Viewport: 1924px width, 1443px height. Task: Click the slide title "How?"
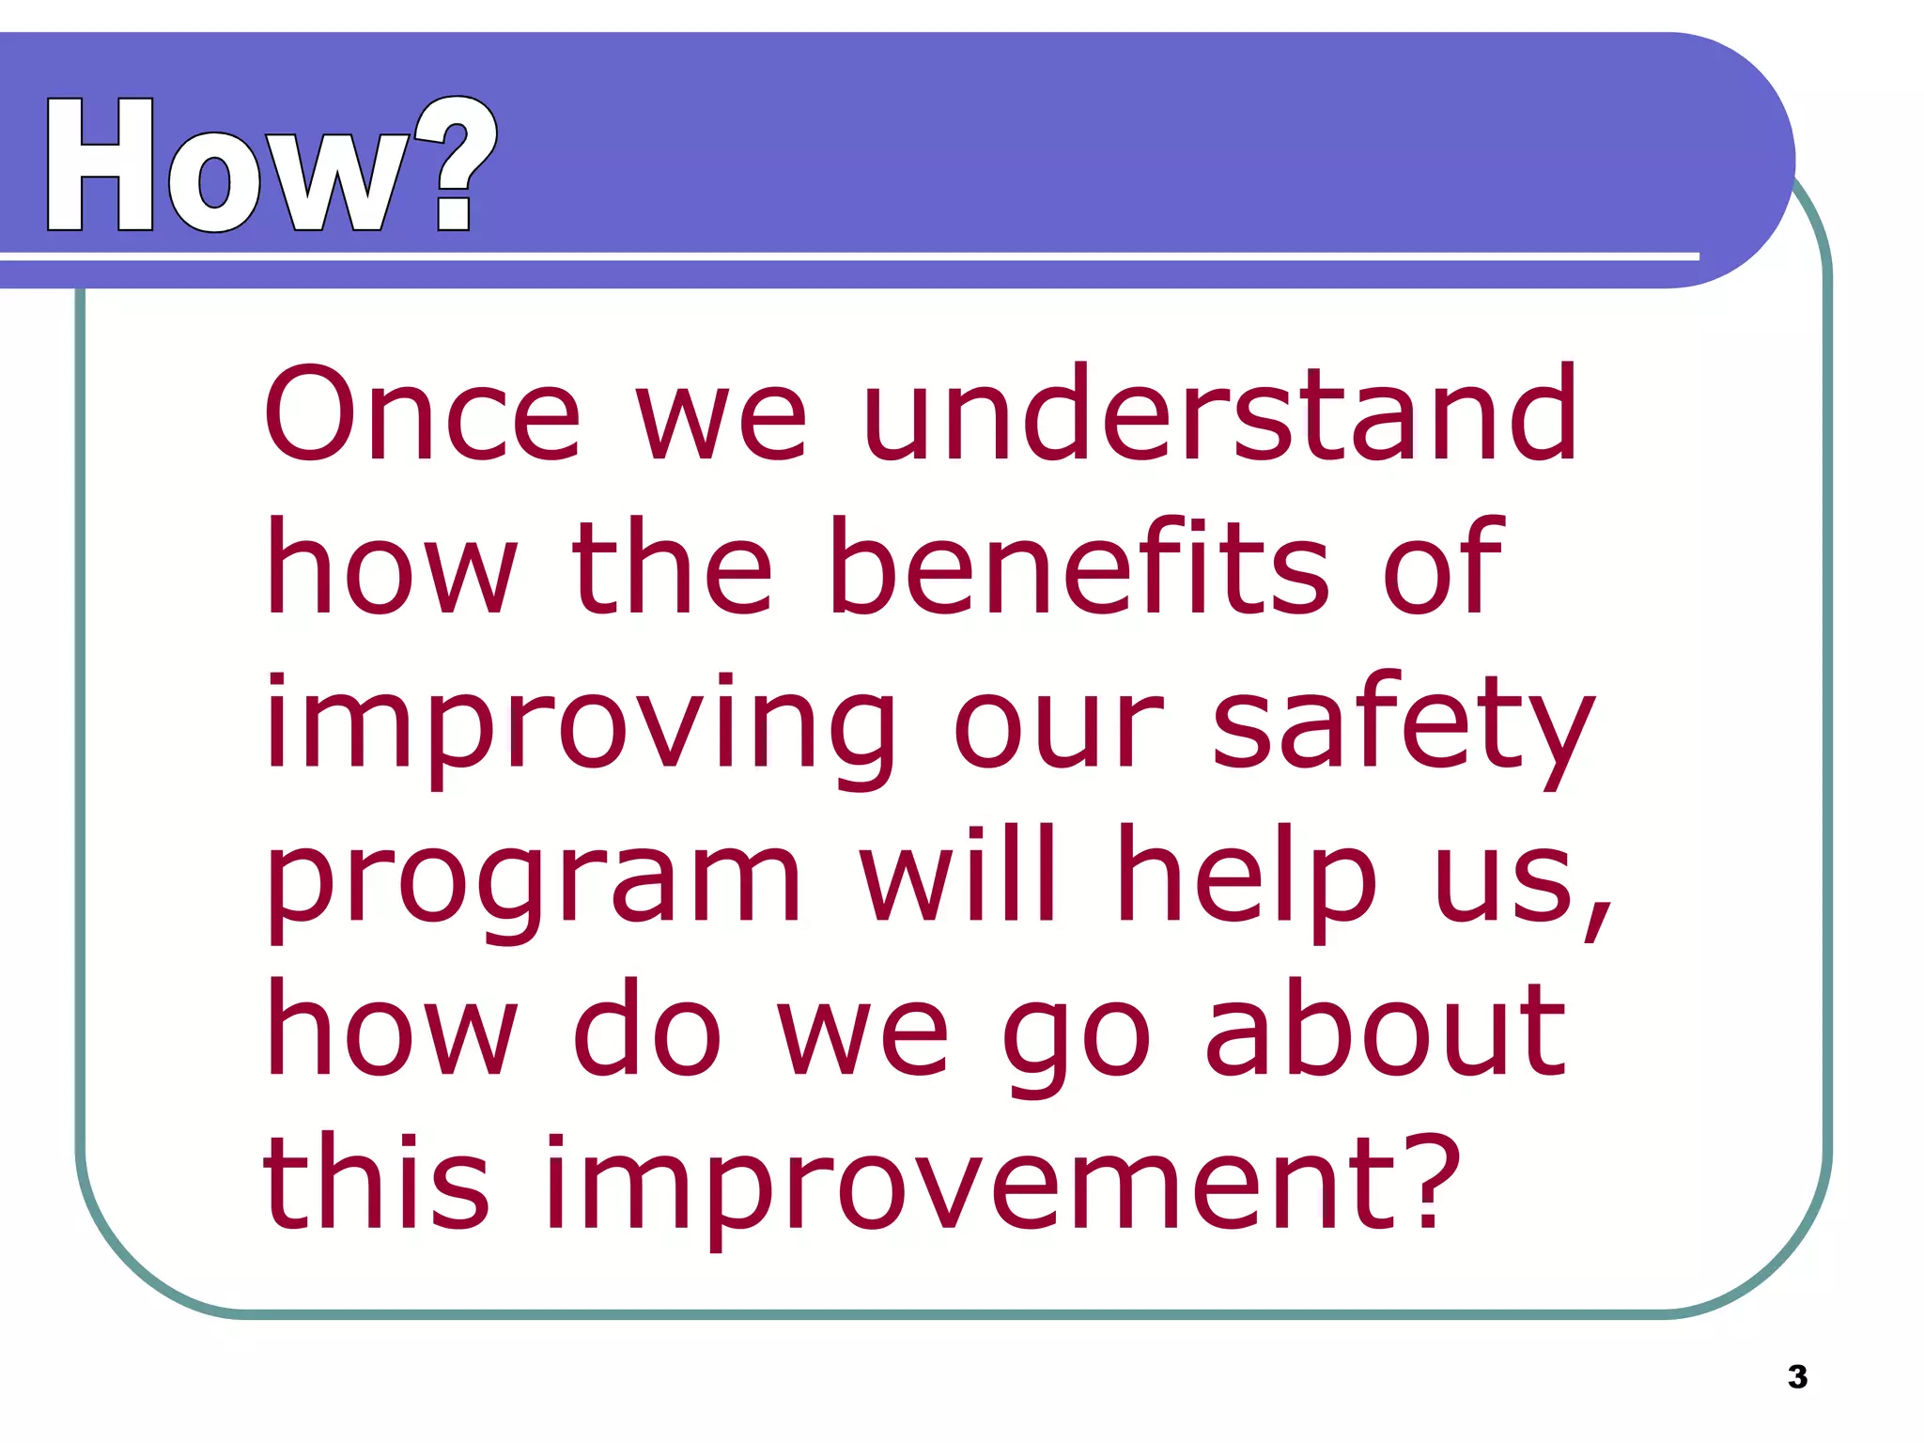(x=271, y=166)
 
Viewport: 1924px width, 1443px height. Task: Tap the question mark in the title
(x=456, y=164)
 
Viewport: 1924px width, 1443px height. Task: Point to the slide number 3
(x=1797, y=1376)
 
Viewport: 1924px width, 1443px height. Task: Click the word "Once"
(x=422, y=414)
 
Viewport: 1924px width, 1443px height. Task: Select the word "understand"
(x=1220, y=414)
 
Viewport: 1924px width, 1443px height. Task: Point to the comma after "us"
(x=1596, y=916)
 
